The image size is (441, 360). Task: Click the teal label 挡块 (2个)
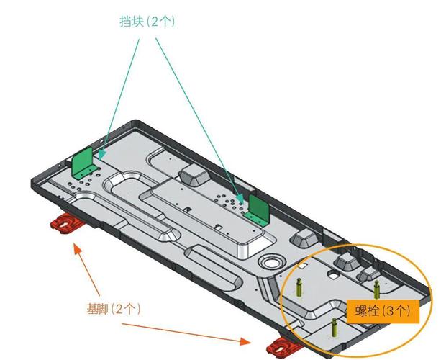pos(147,22)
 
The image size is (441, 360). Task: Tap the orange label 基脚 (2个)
pos(114,310)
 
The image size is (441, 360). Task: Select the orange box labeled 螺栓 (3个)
pos(383,311)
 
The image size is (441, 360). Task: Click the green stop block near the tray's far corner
pos(84,163)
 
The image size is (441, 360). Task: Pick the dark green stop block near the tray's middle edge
pos(258,210)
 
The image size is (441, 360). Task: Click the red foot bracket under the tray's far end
pos(66,223)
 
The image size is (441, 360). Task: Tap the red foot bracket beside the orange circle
pos(283,347)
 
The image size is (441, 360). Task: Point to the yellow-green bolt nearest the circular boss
pos(299,287)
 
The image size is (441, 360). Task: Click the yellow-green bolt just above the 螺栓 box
pos(376,289)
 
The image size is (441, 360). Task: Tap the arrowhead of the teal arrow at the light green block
pos(102,154)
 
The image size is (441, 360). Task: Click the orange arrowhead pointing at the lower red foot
pos(245,341)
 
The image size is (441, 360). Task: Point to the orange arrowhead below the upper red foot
pos(78,249)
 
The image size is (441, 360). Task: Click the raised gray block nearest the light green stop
pos(194,174)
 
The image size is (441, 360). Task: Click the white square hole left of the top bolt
pos(302,265)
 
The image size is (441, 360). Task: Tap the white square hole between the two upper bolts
pos(333,274)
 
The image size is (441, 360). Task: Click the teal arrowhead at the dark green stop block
pos(240,199)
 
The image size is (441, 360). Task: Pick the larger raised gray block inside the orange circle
pos(347,262)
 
